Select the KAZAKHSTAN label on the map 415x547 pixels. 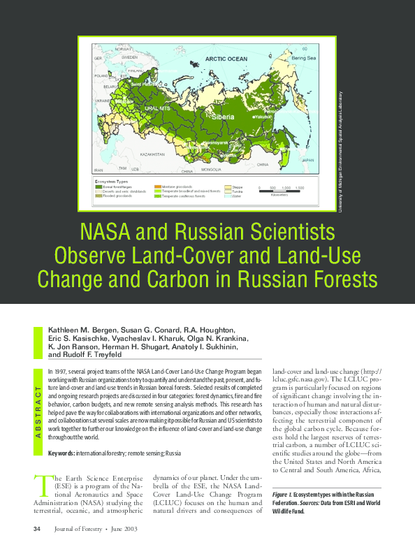[152, 153]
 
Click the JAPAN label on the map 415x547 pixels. [308, 160]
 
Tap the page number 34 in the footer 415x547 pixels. [37, 528]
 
